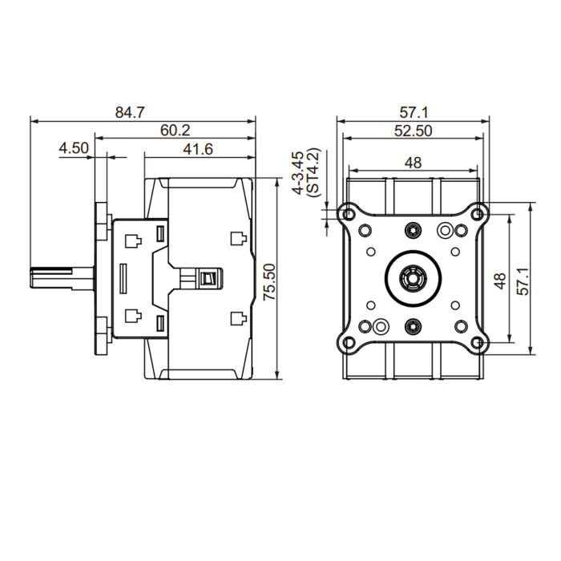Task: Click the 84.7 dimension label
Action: click(x=130, y=112)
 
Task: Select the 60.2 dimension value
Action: click(x=175, y=130)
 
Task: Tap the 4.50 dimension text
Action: click(x=74, y=147)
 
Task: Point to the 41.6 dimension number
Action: click(x=198, y=149)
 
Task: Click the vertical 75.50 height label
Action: click(x=269, y=281)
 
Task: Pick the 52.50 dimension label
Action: click(x=414, y=131)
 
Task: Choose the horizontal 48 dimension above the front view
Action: click(x=414, y=163)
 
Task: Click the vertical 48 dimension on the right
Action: click(x=501, y=280)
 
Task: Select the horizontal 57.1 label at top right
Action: click(x=414, y=112)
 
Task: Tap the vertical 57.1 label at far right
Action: click(x=523, y=281)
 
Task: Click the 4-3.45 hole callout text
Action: click(x=298, y=173)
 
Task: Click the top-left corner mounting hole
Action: click(x=348, y=214)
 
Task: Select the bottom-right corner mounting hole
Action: click(x=478, y=343)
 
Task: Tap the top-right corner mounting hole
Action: click(x=478, y=214)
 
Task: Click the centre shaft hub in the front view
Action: click(x=413, y=278)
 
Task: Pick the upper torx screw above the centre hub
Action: click(x=413, y=230)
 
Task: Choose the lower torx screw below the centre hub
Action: click(x=413, y=326)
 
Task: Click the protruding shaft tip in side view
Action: click(x=32, y=277)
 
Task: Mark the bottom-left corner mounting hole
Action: click(x=348, y=343)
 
